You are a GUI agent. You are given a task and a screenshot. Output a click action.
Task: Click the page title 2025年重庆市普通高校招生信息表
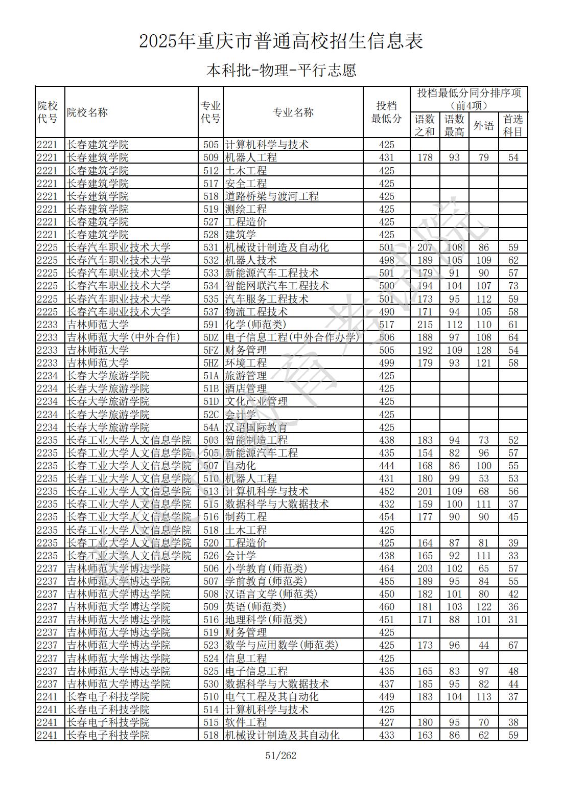click(x=281, y=41)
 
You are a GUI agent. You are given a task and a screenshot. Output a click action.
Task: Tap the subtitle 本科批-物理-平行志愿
click(x=281, y=70)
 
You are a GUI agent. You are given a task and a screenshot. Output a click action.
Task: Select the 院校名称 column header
click(x=87, y=112)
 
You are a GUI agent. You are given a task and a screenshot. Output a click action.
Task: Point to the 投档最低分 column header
click(x=386, y=112)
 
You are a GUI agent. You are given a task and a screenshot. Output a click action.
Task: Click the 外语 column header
click(x=483, y=125)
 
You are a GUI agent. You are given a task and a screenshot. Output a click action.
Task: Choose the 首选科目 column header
click(x=513, y=125)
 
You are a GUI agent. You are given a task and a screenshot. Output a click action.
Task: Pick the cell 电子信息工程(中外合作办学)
click(x=292, y=337)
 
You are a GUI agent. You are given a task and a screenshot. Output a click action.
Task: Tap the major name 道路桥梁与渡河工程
click(x=272, y=196)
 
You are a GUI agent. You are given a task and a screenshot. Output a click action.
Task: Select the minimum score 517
click(x=387, y=325)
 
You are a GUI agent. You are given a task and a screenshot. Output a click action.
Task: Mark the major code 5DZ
click(x=210, y=337)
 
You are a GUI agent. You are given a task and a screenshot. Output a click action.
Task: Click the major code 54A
click(x=210, y=427)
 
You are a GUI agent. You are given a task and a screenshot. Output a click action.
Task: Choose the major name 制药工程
click(x=246, y=517)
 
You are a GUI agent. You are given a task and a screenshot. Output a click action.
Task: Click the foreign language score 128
click(x=483, y=350)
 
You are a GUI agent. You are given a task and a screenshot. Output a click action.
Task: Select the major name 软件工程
click(x=246, y=722)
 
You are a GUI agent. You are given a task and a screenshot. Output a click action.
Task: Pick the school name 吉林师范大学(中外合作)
click(x=123, y=337)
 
